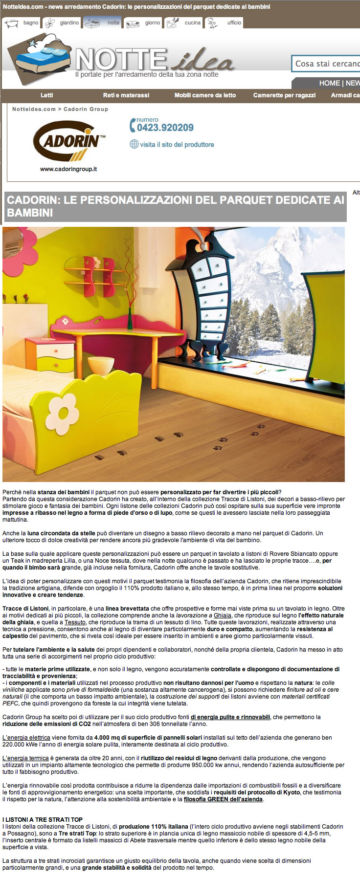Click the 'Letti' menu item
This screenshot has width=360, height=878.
pyautogui.click(x=47, y=95)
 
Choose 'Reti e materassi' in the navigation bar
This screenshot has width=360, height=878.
pyautogui.click(x=126, y=95)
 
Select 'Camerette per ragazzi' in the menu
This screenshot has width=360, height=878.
pyautogui.click(x=284, y=95)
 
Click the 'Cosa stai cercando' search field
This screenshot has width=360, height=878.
pyautogui.click(x=326, y=64)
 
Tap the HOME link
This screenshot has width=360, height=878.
pyautogui.click(x=329, y=83)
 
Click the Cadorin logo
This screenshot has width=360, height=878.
pyautogui.click(x=68, y=141)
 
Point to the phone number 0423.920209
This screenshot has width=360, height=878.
pyautogui.click(x=165, y=128)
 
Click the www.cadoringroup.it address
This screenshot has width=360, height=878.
pyautogui.click(x=68, y=169)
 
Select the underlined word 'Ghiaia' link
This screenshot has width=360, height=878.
pyautogui.click(x=223, y=615)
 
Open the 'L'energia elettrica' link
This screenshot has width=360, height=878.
pyautogui.click(x=26, y=738)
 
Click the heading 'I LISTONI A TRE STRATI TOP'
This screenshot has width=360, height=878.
pyautogui.click(x=43, y=819)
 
